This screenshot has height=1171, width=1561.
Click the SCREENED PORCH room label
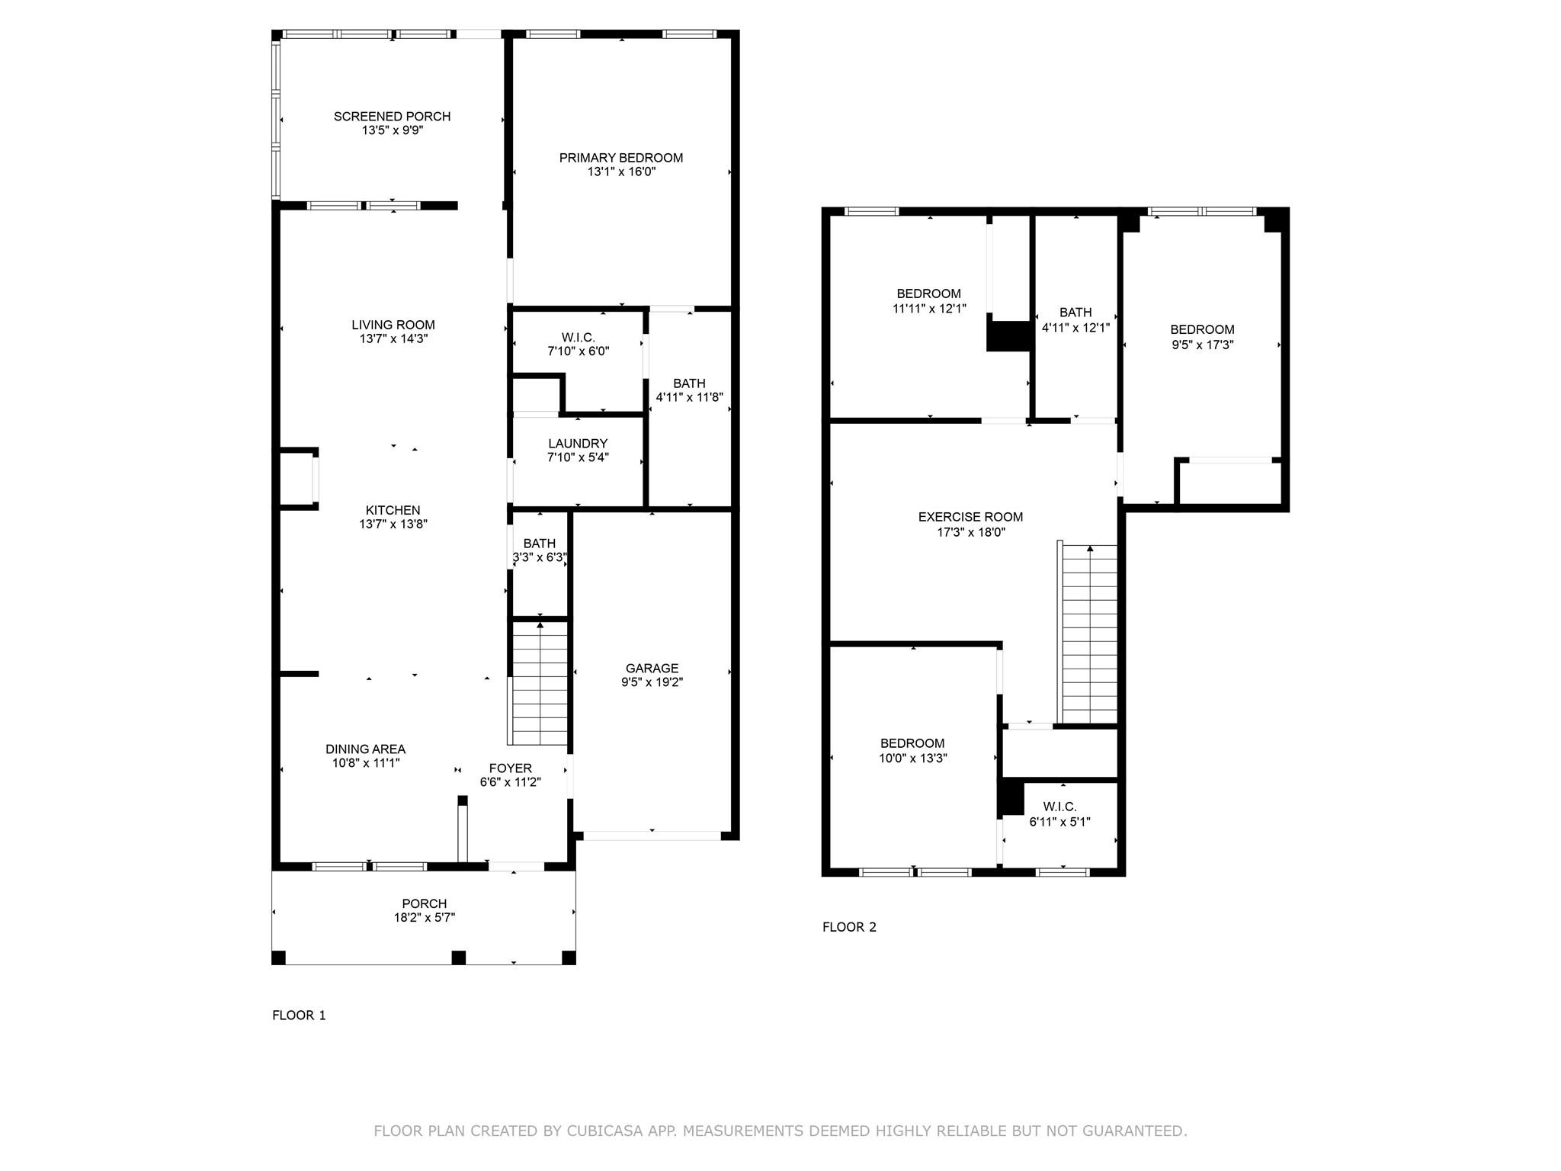(x=392, y=116)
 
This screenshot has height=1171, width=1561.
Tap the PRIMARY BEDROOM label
(x=620, y=158)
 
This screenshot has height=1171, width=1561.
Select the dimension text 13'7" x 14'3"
(x=393, y=338)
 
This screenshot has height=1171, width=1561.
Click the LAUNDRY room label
(x=578, y=444)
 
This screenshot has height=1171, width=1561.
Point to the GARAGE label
(x=652, y=669)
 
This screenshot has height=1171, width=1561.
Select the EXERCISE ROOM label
(x=970, y=517)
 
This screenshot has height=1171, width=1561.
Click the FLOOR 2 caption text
(x=849, y=927)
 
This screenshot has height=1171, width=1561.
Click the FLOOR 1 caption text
(x=299, y=1015)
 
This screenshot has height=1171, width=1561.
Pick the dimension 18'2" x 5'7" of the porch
(x=425, y=918)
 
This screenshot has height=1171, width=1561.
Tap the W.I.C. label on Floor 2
(x=1059, y=807)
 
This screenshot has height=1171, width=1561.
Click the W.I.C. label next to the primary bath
(x=578, y=337)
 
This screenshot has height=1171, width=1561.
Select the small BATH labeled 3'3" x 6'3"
(x=539, y=544)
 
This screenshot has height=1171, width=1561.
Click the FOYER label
(x=510, y=768)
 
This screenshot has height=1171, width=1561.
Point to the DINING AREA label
(x=365, y=749)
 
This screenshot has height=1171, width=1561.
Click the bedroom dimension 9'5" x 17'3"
(x=1202, y=345)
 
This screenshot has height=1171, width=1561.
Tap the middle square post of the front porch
(x=458, y=958)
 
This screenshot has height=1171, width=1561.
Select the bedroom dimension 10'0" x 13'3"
(x=912, y=758)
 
